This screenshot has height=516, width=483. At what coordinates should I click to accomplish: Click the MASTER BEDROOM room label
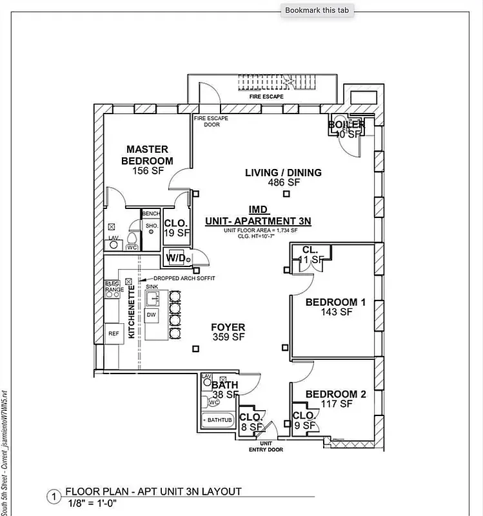(147, 155)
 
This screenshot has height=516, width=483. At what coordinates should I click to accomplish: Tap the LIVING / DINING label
(283, 173)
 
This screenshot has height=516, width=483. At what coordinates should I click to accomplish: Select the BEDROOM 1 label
(335, 303)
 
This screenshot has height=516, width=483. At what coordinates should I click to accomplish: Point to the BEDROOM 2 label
(335, 394)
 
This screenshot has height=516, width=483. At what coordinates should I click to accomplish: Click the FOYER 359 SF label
(228, 332)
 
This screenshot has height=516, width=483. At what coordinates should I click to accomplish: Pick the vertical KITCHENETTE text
(132, 313)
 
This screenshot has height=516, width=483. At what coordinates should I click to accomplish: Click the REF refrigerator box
(113, 333)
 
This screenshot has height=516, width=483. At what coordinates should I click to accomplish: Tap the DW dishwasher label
(152, 315)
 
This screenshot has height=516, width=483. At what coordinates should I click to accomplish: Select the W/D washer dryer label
(176, 259)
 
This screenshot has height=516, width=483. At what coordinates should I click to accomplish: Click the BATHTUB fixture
(217, 420)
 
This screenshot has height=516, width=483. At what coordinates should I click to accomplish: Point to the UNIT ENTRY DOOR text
(266, 446)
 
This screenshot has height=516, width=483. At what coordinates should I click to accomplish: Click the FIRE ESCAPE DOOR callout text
(211, 121)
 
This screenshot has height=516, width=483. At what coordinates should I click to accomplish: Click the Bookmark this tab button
(317, 10)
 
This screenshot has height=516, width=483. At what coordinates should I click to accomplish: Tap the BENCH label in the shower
(151, 213)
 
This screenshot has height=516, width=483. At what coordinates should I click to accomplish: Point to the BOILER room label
(346, 125)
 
